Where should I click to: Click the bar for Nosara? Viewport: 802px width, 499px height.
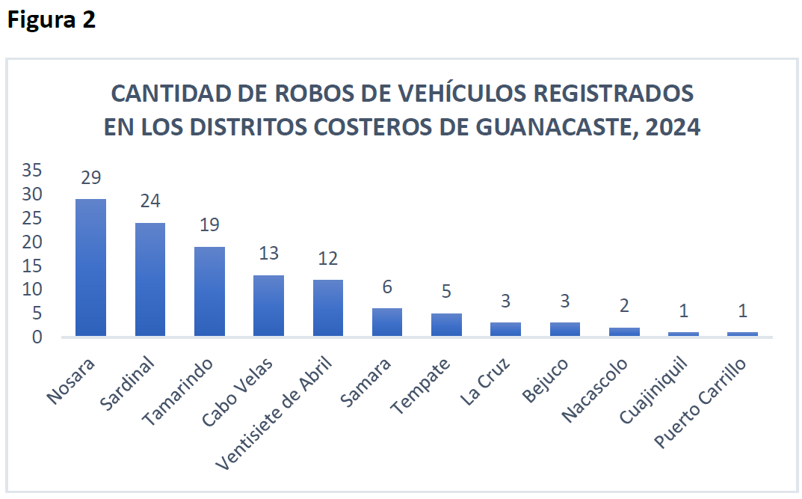(90, 267)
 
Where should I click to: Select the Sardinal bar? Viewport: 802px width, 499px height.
(149, 279)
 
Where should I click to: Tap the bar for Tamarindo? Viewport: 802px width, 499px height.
(209, 291)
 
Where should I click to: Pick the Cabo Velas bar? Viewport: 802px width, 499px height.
(268, 305)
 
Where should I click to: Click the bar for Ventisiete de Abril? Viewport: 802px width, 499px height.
(327, 307)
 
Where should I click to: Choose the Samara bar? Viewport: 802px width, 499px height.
(387, 322)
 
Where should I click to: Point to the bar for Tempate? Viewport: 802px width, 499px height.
(446, 325)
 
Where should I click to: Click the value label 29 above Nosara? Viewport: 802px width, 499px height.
(90, 178)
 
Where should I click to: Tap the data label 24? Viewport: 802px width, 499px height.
(149, 202)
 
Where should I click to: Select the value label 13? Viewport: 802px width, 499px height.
(268, 254)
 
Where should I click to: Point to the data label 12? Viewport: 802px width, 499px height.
(327, 259)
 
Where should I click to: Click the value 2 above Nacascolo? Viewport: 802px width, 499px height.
(624, 306)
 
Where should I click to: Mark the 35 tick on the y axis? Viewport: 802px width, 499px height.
(32, 171)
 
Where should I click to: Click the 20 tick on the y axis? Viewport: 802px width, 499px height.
(32, 242)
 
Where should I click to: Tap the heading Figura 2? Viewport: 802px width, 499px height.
(52, 20)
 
